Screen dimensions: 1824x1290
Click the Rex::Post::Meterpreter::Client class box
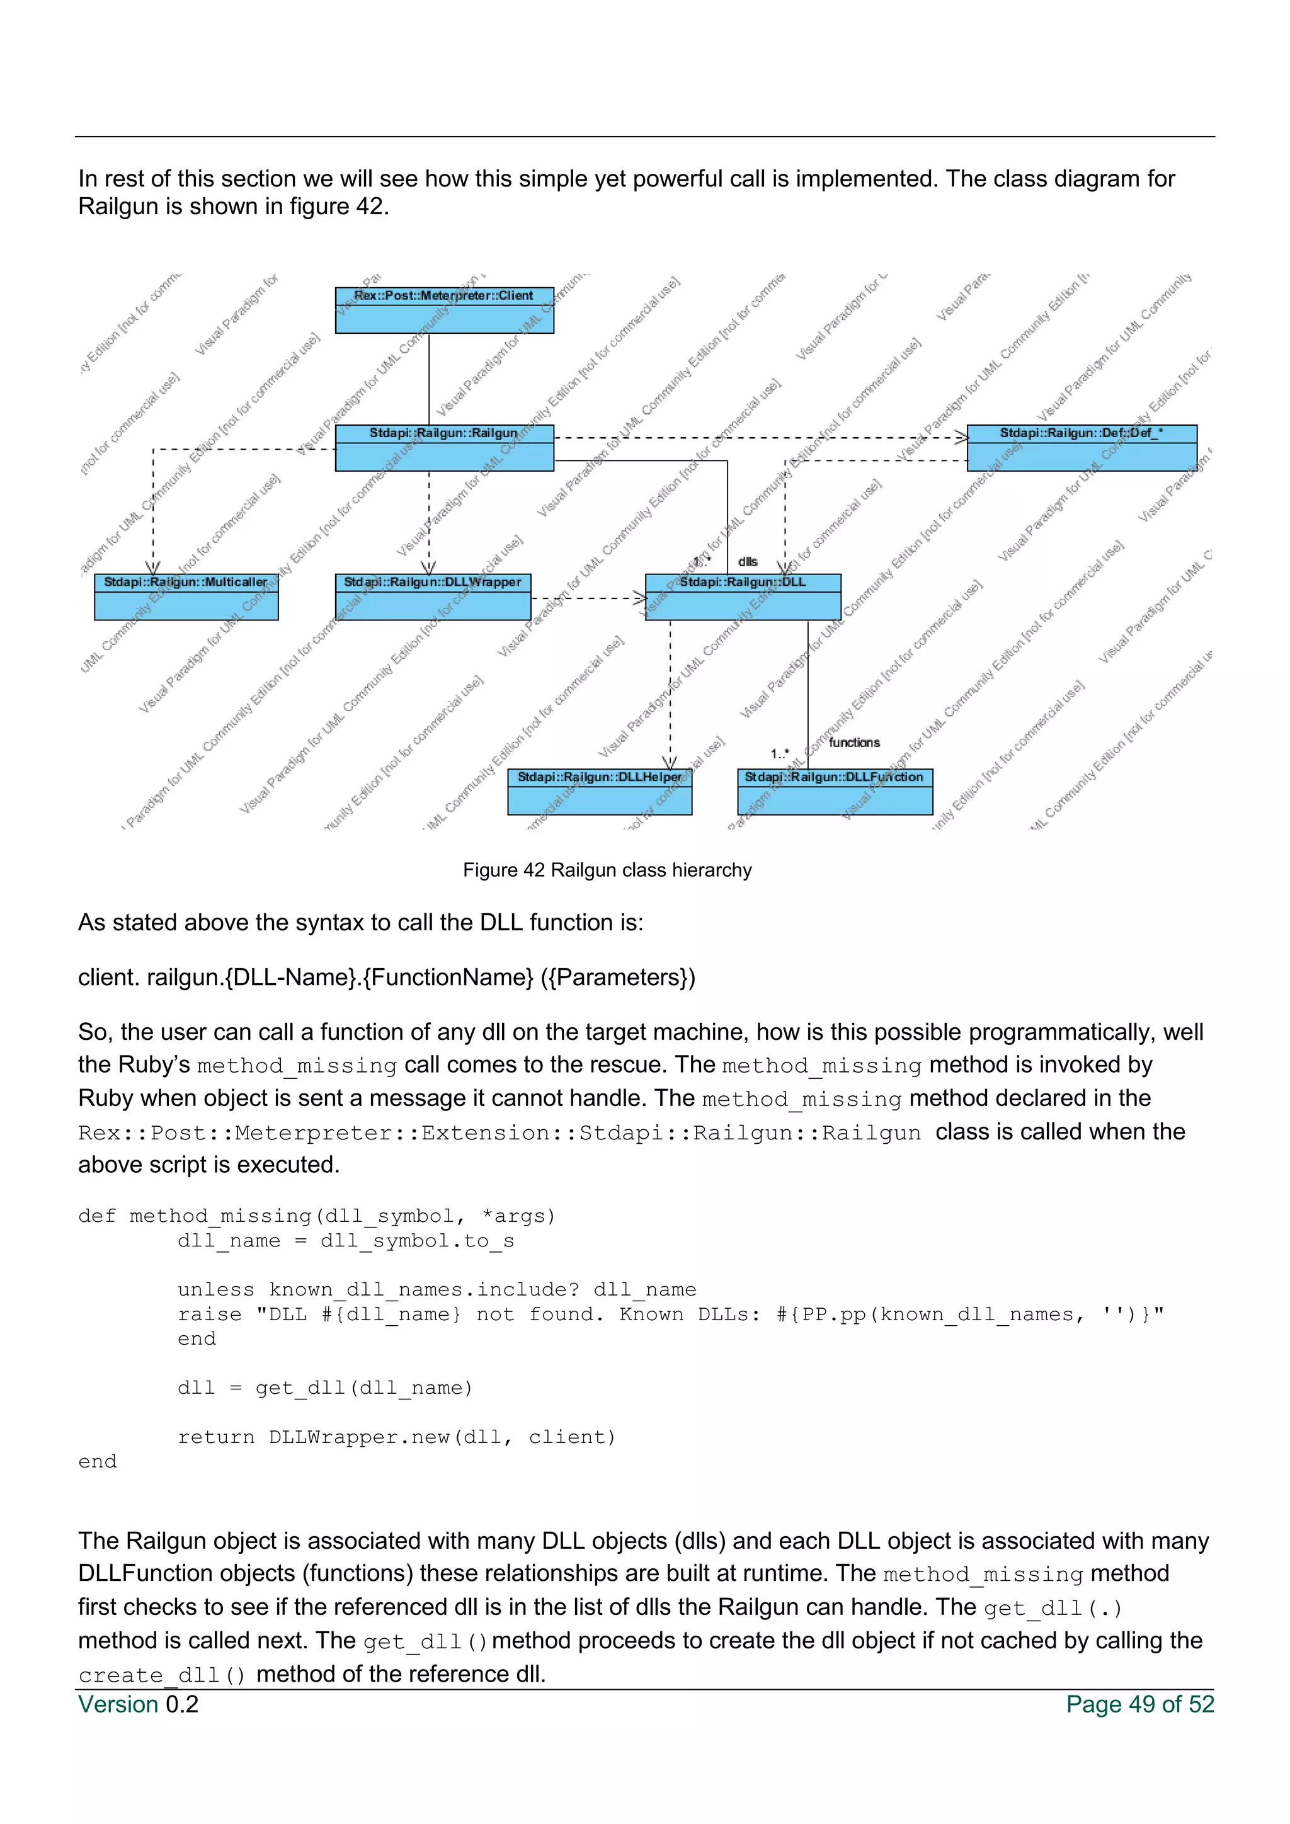pyautogui.click(x=444, y=311)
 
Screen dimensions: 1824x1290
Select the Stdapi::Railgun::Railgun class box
pyautogui.click(x=444, y=448)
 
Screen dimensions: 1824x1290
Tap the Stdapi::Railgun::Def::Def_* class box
pyautogui.click(x=1081, y=448)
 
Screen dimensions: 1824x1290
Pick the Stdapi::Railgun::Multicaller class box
pyautogui.click(x=186, y=598)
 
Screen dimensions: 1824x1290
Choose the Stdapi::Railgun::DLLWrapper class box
pyautogui.click(x=433, y=598)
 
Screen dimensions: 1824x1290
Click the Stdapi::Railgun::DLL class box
pyautogui.click(x=743, y=598)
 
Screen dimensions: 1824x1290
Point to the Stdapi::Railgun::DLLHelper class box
pyautogui.click(x=600, y=792)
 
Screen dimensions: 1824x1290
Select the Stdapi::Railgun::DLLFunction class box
pyautogui.click(x=835, y=792)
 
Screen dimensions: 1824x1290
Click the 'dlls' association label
pyautogui.click(x=748, y=562)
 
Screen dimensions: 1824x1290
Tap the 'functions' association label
pyautogui.click(x=854, y=743)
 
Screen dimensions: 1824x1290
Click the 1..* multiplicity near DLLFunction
pyautogui.click(x=779, y=753)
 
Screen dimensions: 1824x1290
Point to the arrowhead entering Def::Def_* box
pyautogui.click(x=961, y=437)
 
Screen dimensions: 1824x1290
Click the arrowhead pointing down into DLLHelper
pyautogui.click(x=670, y=763)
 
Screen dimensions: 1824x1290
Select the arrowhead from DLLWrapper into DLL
pyautogui.click(x=639, y=598)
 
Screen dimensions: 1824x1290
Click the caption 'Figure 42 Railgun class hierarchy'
pyautogui.click(x=607, y=870)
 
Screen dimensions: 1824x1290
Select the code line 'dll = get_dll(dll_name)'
pyautogui.click(x=324, y=1388)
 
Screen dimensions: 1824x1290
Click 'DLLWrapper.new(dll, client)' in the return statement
pyautogui.click(x=442, y=1437)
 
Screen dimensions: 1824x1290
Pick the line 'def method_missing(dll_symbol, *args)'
pyautogui.click(x=316, y=1216)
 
